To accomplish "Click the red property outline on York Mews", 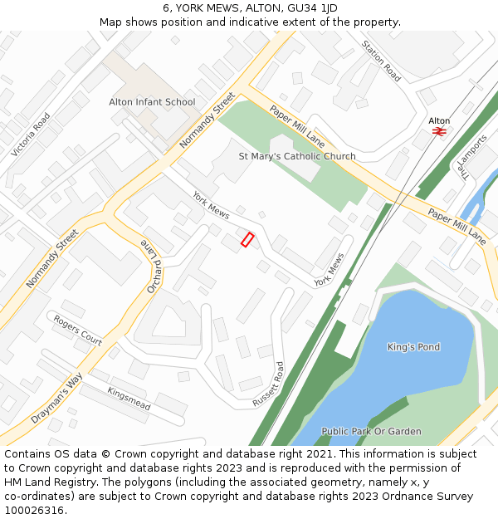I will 247,239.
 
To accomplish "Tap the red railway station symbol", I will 439,131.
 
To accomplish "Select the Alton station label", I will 439,120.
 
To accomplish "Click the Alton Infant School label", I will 152,102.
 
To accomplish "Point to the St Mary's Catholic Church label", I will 297,156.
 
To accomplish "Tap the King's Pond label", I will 413,347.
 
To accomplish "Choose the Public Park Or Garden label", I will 371,431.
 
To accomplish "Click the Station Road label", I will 381,61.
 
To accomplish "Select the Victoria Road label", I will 31,135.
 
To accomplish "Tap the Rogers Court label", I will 78,330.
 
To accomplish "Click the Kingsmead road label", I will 129,399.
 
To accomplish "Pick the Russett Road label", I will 268,384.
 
